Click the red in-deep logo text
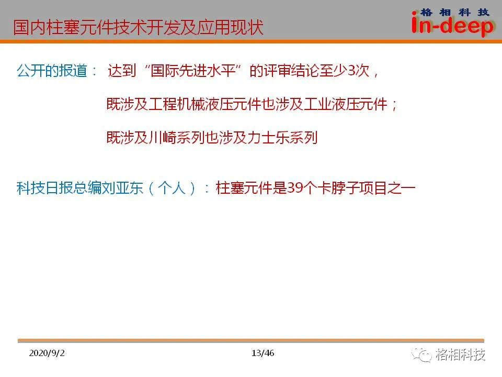point(453,25)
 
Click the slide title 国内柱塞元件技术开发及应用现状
point(138,27)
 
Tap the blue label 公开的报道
point(52,71)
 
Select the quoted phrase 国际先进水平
point(193,71)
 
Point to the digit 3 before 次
point(351,71)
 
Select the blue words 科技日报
point(44,188)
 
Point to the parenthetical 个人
point(172,188)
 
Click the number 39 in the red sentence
point(295,188)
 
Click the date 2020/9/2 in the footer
point(47,353)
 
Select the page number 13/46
point(263,353)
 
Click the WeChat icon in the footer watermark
point(421,355)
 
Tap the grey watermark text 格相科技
point(460,354)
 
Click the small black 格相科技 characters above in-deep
point(454,12)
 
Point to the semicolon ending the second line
point(394,105)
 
